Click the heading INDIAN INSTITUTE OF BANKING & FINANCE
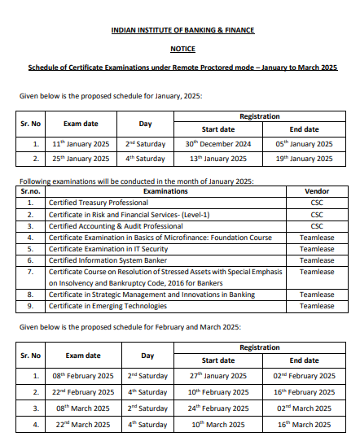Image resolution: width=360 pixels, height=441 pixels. point(182,30)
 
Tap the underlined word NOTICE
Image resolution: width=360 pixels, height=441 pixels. point(182,49)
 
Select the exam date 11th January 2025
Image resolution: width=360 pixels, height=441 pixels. point(81,144)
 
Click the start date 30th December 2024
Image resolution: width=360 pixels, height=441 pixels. point(218,144)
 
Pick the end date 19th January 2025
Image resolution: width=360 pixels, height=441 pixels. point(304,159)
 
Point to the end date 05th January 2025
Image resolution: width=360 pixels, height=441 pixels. point(304,144)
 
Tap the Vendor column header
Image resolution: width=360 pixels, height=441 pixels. point(316,191)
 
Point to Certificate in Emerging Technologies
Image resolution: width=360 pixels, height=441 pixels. point(108,306)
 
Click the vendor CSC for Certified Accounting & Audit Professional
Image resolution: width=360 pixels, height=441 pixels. point(317,225)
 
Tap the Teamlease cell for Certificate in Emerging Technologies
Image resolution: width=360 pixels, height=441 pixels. point(317,306)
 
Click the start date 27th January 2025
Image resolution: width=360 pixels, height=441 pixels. point(218,376)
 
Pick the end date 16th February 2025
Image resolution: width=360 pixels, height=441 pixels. point(304,391)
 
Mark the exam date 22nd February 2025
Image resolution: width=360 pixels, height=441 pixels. point(82,391)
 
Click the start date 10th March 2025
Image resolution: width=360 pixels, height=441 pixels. point(218,424)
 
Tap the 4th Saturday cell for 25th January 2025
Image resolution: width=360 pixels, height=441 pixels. point(147,159)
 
